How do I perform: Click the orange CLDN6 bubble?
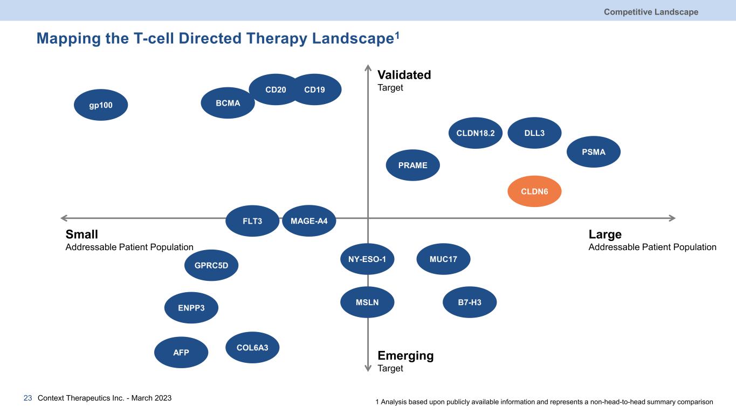[x=534, y=191]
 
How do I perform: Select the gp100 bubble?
[x=101, y=105]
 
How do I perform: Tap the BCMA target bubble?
[x=228, y=103]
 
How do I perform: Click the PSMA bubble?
[x=594, y=152]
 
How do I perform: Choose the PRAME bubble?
[x=412, y=165]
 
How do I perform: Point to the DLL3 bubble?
[x=534, y=133]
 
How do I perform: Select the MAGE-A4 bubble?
[x=309, y=220]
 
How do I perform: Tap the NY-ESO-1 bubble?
[x=367, y=259]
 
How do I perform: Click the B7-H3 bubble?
[x=469, y=302]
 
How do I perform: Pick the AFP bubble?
[x=181, y=353]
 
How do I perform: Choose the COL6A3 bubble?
[x=252, y=348]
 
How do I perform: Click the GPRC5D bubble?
[x=211, y=265]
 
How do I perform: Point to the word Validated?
[x=404, y=75]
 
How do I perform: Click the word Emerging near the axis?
[x=405, y=356]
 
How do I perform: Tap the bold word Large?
[x=605, y=234]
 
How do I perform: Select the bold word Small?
[x=81, y=234]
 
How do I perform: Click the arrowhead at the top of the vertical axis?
[x=368, y=68]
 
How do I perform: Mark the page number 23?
[x=28, y=398]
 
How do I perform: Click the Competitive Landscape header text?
[x=651, y=12]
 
